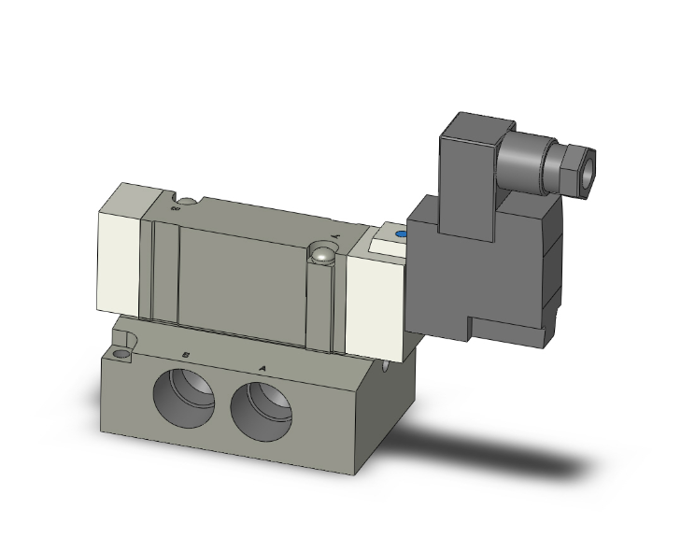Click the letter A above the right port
[262, 368]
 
